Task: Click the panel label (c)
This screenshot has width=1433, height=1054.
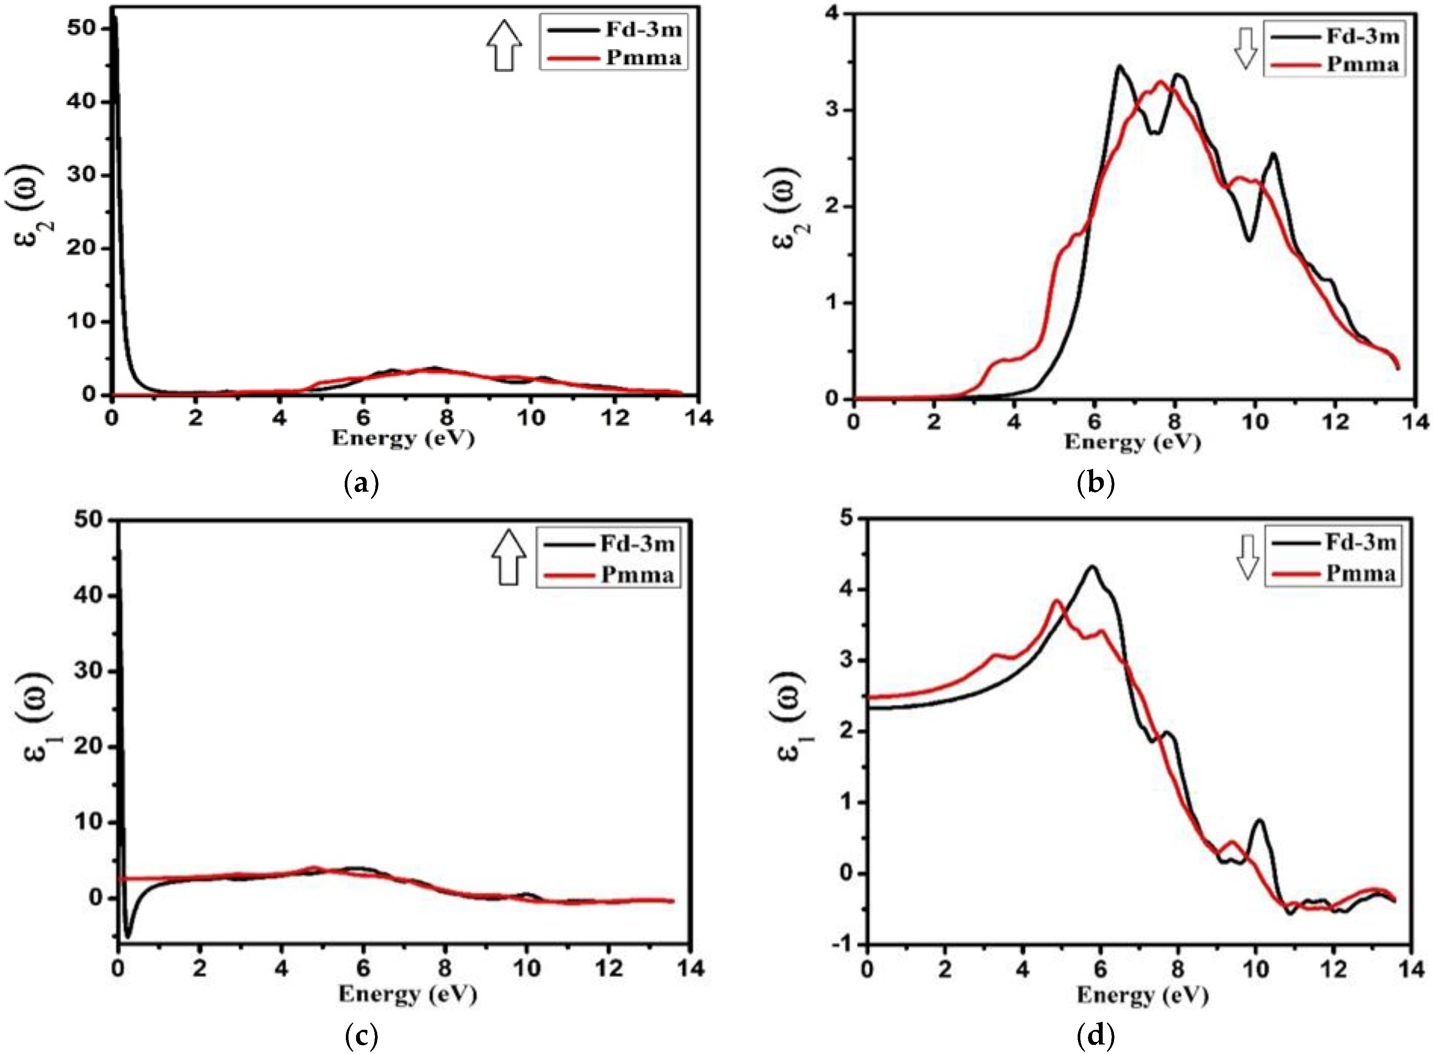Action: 361,1036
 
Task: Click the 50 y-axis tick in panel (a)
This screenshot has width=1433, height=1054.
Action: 82,29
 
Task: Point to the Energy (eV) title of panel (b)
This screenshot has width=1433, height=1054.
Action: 1132,441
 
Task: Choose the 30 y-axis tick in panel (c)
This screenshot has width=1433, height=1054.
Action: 88,671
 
